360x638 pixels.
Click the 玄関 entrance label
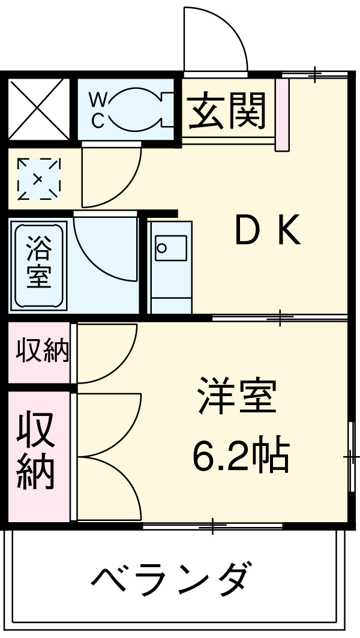coord(227,110)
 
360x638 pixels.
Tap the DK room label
coord(268,232)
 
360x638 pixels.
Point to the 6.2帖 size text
coord(241,456)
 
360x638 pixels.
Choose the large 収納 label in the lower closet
coord(36,450)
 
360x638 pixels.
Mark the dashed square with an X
coord(38,178)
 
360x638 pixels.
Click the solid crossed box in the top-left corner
coord(37,109)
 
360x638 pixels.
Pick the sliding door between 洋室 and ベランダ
coord(212,526)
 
